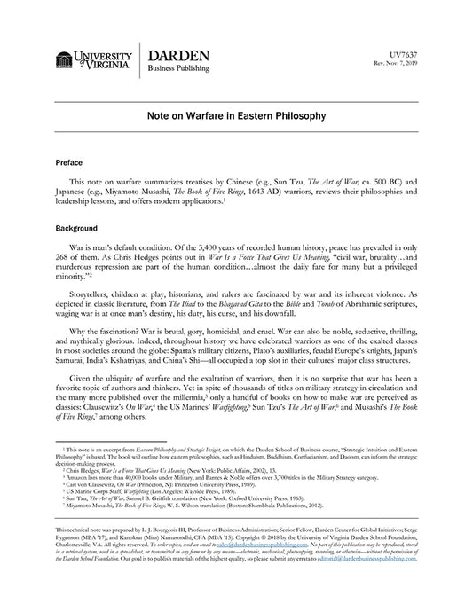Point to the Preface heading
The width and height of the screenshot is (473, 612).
click(x=70, y=165)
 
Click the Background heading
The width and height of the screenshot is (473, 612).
click(x=76, y=228)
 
